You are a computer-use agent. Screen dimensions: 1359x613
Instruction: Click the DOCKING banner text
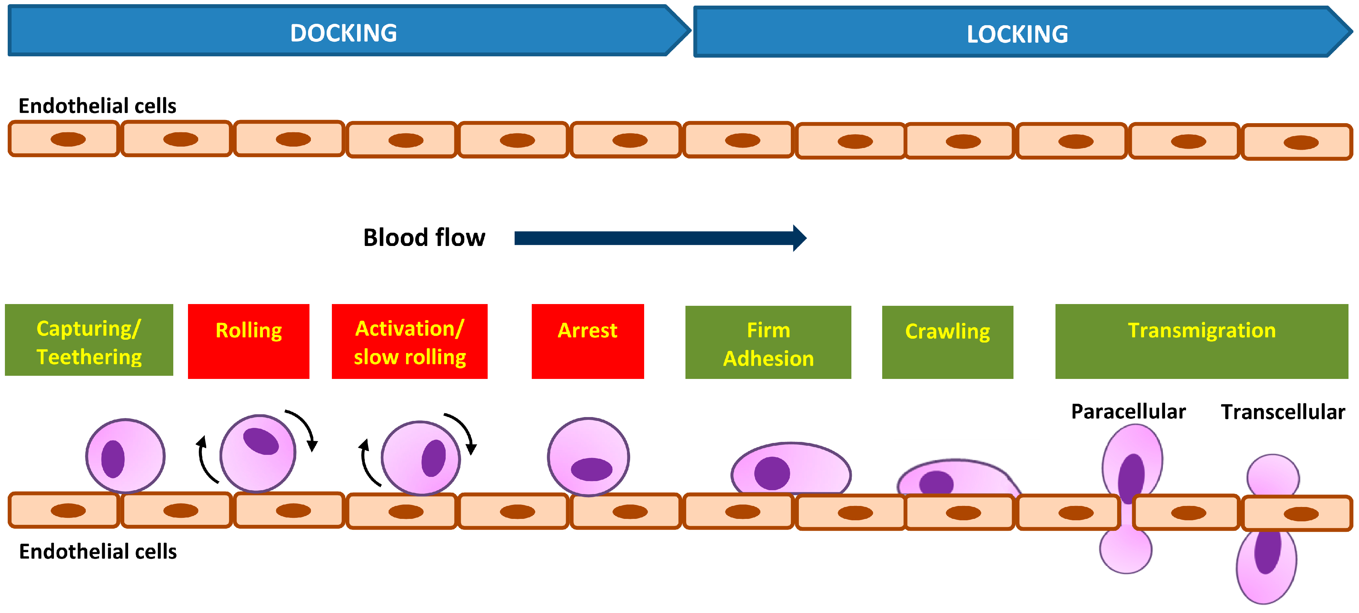(343, 33)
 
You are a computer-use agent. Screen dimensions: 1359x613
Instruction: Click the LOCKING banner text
(1017, 34)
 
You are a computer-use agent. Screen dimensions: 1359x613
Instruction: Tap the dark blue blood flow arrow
(661, 238)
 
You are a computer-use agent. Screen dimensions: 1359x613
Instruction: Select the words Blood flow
(424, 238)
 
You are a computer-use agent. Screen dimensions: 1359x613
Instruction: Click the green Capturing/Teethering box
(89, 340)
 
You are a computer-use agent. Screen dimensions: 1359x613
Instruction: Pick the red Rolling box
(249, 341)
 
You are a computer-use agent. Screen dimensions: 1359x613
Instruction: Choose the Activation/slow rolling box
(409, 341)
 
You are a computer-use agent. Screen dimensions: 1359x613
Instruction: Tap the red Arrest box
(588, 341)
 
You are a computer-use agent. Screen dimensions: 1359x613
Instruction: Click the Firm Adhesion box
(768, 342)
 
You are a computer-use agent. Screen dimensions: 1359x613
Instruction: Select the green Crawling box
(948, 342)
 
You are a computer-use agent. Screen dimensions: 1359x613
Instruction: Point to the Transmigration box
(1202, 341)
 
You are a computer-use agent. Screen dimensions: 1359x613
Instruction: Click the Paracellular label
(1128, 411)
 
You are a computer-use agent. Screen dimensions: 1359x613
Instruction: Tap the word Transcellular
(1283, 412)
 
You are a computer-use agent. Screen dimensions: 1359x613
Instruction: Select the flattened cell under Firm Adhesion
(791, 468)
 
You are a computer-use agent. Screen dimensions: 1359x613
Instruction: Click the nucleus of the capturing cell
(113, 459)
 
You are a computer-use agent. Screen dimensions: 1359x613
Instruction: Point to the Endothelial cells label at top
(98, 106)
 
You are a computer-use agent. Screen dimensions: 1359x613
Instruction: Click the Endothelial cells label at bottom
(98, 552)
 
